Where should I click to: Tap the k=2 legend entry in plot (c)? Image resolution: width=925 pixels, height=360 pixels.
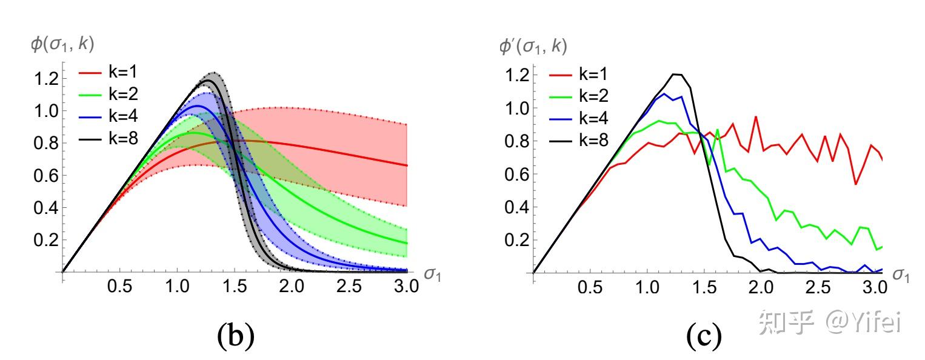[x=579, y=96]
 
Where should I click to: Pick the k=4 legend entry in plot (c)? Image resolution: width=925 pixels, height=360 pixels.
[x=579, y=118]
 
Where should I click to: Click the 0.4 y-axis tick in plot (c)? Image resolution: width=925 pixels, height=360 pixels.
[x=517, y=207]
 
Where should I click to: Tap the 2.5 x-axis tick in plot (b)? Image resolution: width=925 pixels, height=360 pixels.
[x=349, y=286]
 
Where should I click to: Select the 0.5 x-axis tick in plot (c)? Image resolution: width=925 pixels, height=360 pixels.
[x=590, y=287]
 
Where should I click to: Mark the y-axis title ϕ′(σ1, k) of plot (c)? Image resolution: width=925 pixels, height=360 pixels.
[x=533, y=45]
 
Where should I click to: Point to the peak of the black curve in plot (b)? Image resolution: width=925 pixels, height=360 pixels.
[x=208, y=80]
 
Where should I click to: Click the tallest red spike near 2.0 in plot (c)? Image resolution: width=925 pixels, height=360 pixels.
[x=756, y=116]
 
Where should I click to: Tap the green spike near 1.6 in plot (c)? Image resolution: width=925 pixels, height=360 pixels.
[x=718, y=129]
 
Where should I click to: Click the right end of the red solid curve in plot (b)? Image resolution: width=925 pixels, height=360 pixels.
[x=406, y=165]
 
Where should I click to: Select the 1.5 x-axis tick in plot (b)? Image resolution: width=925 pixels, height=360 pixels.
[x=234, y=286]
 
